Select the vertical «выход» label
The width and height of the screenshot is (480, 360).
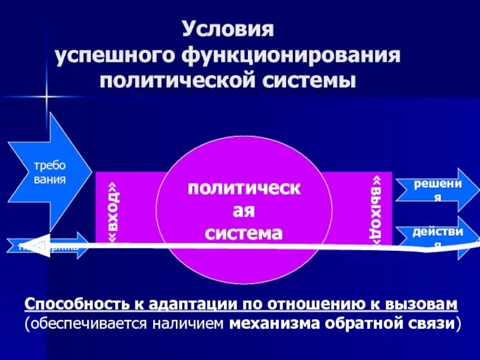[376, 209]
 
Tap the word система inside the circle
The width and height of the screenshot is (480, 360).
[243, 233]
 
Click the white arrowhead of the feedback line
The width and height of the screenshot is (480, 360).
[27, 245]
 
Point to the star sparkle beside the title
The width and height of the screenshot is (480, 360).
[44, 96]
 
